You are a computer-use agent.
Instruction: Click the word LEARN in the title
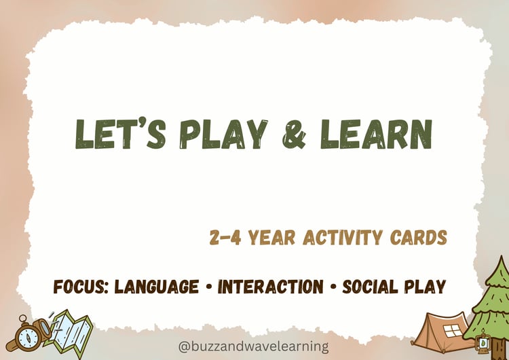coord(376,134)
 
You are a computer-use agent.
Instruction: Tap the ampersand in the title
coord(294,134)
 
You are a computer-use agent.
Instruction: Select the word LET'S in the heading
coord(120,134)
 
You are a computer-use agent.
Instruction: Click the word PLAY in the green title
coord(223,134)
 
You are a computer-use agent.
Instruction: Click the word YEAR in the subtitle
coord(271,237)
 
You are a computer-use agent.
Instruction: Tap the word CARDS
coord(419,237)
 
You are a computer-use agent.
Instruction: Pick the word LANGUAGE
coord(157,287)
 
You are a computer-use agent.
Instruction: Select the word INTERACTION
coord(271,287)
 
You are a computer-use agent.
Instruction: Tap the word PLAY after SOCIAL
coord(425,287)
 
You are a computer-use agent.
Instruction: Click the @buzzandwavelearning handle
coord(253,346)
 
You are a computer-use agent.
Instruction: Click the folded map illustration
coord(71,331)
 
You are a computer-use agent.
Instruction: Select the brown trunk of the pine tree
coord(499,348)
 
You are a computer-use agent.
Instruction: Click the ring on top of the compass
coord(22,319)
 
